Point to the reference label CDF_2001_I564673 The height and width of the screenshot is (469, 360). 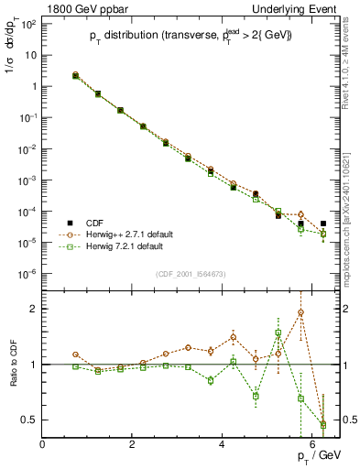tap(191, 273)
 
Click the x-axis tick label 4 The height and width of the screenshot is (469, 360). tap(223, 444)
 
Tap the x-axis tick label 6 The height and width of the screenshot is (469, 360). tap(312, 444)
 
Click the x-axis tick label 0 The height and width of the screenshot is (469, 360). tap(43, 444)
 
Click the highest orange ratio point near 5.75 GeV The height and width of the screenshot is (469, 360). tap(300, 312)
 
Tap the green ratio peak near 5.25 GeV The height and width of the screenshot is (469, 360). tap(278, 333)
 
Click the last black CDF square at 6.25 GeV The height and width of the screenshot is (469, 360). tap(323, 224)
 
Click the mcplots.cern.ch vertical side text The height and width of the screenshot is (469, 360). tap(352, 229)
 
